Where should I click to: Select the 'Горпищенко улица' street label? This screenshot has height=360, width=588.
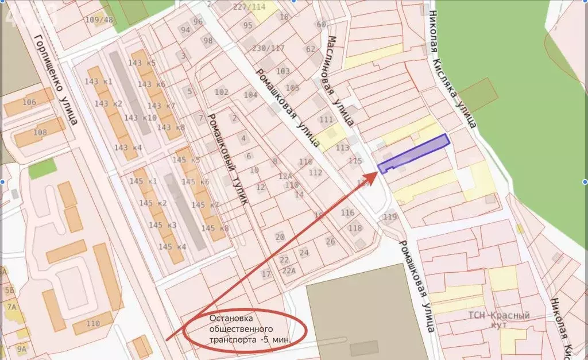[x=56, y=80]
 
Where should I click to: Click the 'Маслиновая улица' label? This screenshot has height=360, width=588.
[x=340, y=80]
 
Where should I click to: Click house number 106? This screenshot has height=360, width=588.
[x=29, y=102]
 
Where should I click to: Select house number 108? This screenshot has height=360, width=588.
[x=40, y=133]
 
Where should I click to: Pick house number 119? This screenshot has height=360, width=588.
[x=390, y=216]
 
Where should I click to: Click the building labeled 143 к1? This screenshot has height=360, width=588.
[x=98, y=82]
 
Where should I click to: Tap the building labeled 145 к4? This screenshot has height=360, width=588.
[x=172, y=247]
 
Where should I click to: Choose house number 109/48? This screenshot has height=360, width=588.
[x=99, y=20]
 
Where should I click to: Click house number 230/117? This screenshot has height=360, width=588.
[x=266, y=48]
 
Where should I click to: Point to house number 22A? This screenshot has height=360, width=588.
[x=289, y=271]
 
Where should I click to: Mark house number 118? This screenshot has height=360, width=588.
[x=355, y=228]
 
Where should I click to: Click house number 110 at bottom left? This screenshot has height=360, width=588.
[x=92, y=323]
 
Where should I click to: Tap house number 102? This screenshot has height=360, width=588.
[x=221, y=92]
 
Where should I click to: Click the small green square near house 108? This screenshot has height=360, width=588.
[x=42, y=168]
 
